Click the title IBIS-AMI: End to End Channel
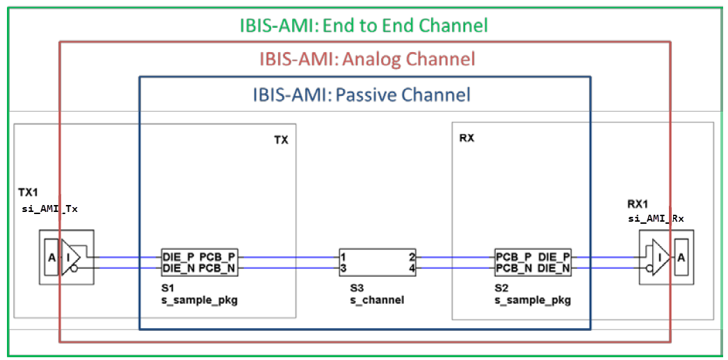click(x=363, y=26)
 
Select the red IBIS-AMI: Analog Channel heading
click(x=367, y=58)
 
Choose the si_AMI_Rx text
click(x=657, y=218)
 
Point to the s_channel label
click(x=377, y=300)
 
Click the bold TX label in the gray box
click(x=281, y=140)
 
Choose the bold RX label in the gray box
click(x=467, y=138)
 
